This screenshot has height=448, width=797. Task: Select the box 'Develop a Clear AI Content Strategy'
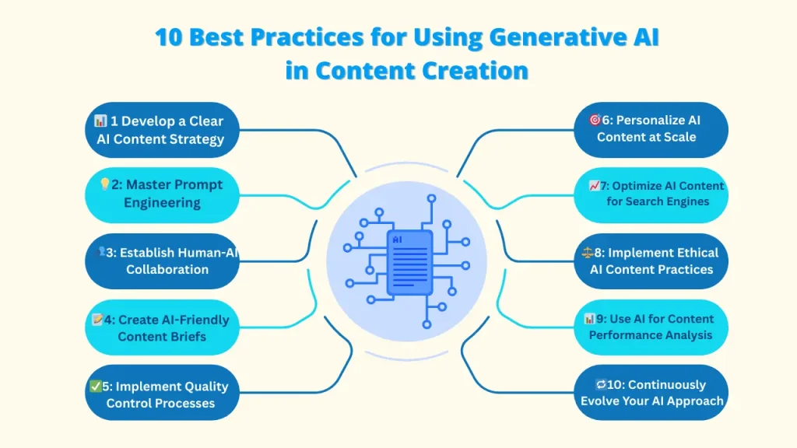pos(161,130)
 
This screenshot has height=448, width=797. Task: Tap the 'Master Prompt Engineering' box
pos(161,194)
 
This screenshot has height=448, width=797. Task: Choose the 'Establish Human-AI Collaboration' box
pos(161,261)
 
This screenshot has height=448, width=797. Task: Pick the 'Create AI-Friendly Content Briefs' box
pos(161,327)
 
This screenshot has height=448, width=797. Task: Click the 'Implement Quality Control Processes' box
pos(161,394)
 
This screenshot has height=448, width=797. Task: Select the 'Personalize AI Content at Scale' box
pos(651,129)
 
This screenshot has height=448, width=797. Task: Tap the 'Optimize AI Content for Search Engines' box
pos(651,194)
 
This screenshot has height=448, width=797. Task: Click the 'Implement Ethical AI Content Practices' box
pos(651,261)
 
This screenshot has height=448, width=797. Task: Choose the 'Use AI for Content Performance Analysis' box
pos(651,327)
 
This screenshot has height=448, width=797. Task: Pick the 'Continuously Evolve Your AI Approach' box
pos(651,393)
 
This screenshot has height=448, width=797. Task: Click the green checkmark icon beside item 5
pos(96,386)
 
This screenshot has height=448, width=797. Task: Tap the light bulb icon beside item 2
pos(104,185)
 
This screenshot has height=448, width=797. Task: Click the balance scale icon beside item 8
pos(588,253)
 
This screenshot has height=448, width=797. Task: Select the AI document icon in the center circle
pos(409,262)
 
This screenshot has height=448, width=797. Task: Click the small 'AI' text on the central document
pos(398,240)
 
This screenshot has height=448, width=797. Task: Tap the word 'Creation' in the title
pos(475,71)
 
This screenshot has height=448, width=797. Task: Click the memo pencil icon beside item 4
pos(97,320)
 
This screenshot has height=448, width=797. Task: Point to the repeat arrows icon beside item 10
pos(601,385)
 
